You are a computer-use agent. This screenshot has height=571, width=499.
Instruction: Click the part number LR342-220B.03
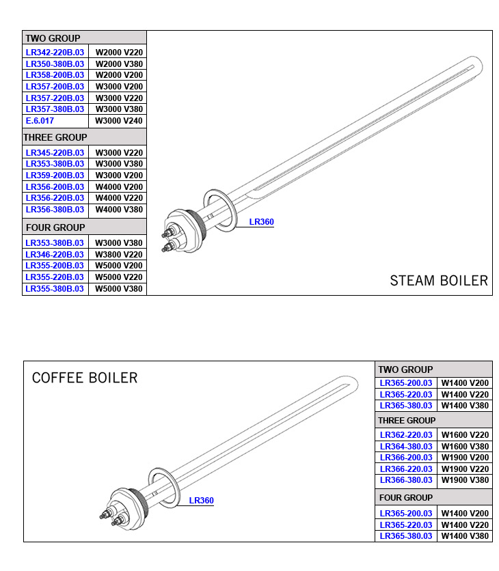tap(55, 52)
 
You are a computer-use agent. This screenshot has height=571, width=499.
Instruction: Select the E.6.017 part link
tap(40, 120)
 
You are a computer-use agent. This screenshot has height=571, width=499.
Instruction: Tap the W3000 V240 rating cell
tap(118, 120)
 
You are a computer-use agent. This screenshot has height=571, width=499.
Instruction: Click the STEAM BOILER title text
tap(439, 281)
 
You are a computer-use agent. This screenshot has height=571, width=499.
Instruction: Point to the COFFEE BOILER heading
tap(85, 378)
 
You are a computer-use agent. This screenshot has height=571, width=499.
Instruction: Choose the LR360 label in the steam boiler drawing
tap(261, 222)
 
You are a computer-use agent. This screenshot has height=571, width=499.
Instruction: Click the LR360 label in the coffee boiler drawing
tap(201, 501)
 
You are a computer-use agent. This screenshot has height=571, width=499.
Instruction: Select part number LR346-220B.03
tap(55, 254)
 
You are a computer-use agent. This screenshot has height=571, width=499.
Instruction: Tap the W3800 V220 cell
tap(118, 254)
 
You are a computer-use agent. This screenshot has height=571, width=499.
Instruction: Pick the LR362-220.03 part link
tap(406, 434)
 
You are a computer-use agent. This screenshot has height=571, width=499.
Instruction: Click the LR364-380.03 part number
tap(406, 446)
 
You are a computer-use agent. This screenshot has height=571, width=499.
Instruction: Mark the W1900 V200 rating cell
tap(465, 458)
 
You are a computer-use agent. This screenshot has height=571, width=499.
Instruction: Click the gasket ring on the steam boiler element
tap(223, 208)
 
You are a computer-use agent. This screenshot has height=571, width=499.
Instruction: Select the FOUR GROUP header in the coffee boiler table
tap(406, 497)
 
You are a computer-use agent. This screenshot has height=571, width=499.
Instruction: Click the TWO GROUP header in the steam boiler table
tap(53, 38)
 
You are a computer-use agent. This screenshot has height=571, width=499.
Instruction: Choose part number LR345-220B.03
tap(55, 152)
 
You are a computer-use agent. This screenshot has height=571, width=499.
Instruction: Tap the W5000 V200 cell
tap(118, 266)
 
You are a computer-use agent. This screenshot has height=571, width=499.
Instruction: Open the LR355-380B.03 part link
tap(55, 288)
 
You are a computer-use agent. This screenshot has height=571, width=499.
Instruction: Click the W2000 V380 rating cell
tap(118, 64)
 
